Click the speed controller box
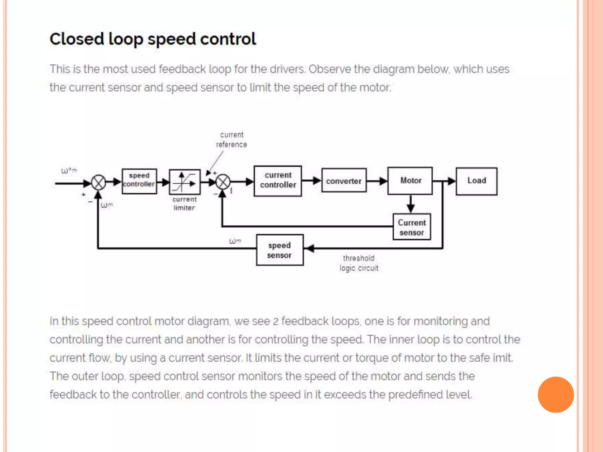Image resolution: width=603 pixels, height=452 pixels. click(139, 181)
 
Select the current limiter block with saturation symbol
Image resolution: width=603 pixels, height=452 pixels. click(185, 182)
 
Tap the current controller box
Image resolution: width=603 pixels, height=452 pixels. click(278, 181)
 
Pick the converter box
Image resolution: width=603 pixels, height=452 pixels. click(344, 180)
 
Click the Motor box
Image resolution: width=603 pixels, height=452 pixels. click(410, 181)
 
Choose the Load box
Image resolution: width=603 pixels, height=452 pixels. click(476, 181)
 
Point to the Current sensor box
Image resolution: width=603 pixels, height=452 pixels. click(412, 227)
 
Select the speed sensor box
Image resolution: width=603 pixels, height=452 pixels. click(279, 250)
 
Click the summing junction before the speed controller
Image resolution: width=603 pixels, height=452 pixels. click(98, 183)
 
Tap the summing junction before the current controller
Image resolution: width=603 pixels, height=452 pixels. click(223, 182)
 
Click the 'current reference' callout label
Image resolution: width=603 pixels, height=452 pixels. click(231, 140)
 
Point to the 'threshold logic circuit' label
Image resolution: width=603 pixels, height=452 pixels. click(359, 263)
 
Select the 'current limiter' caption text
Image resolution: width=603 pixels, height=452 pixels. click(184, 204)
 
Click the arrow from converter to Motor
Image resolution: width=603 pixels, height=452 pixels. click(377, 181)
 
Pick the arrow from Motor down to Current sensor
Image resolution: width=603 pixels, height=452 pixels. click(410, 204)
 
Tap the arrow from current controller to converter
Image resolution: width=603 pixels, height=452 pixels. click(312, 180)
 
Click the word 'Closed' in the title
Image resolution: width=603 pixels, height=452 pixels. click(77, 39)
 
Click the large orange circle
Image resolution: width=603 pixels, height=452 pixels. click(556, 395)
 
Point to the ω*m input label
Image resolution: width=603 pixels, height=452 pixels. click(69, 171)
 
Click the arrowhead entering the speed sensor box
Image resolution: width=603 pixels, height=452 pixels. click(310, 248)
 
